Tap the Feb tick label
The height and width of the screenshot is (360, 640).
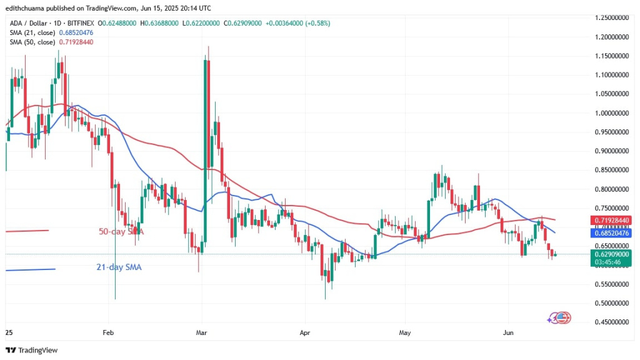(x=108, y=333)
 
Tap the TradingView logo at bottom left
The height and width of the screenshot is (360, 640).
(x=31, y=350)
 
